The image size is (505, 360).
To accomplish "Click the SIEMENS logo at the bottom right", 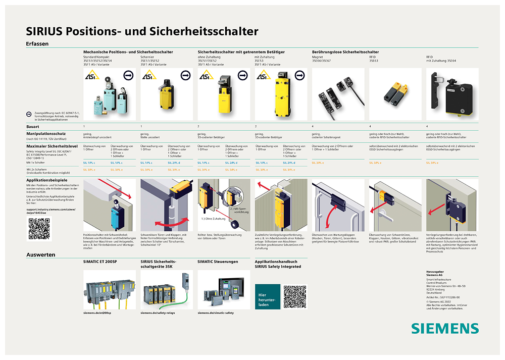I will pos(444,328).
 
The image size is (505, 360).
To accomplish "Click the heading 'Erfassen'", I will pos(37,44).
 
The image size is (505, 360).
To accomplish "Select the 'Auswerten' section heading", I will pos(40,255).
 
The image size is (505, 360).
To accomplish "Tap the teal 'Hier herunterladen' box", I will pos(268,296).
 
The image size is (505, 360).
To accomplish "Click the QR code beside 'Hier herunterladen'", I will pos(294,296).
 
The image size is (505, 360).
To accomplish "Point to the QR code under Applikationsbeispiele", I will pos(39,228).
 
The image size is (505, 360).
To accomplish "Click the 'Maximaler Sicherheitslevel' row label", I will pos(50,146).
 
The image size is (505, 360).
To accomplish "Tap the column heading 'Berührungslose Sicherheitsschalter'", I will pos(345,52).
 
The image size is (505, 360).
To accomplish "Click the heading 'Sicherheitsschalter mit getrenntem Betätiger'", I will pos(241,52).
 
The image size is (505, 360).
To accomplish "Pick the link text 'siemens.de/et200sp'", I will pos(100,313).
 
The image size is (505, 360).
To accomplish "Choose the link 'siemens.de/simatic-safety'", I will pos(216,313).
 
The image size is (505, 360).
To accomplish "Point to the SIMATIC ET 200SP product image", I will pos(110,290).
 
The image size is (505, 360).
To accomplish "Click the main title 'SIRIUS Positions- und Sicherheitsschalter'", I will pos(142,31).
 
